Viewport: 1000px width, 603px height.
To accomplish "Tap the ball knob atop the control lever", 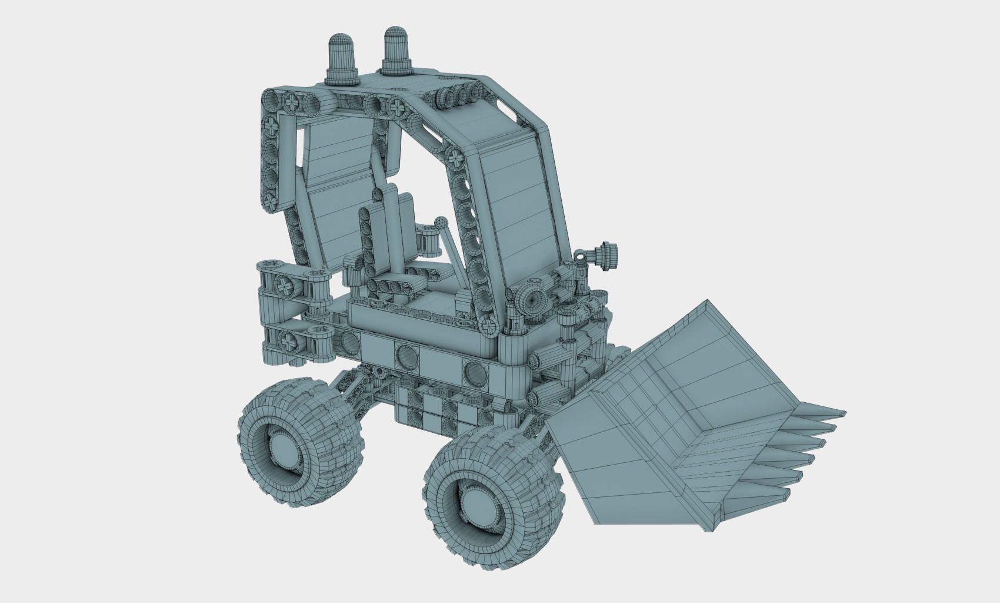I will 441,223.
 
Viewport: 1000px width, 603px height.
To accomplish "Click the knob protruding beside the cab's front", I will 606,255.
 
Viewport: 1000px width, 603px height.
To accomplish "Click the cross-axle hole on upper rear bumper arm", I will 285,287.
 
